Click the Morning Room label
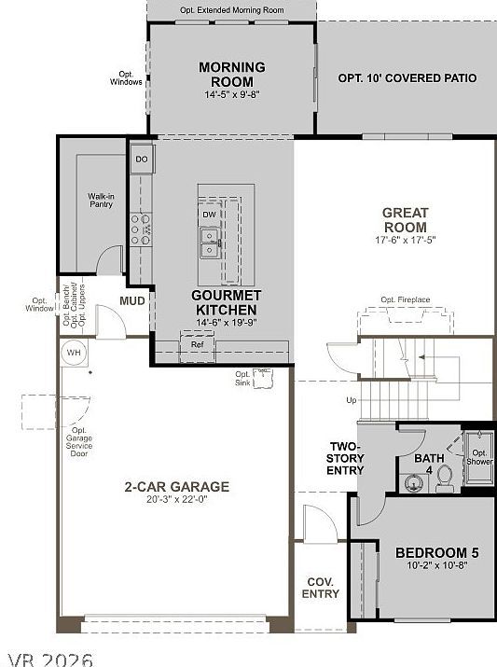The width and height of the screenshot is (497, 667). coord(231,74)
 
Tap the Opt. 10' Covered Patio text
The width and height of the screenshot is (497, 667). coord(407,79)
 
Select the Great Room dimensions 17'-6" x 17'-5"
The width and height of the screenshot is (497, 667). coord(405,241)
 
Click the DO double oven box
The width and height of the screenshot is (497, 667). coord(142,160)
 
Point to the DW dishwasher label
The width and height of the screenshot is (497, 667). coord(209,215)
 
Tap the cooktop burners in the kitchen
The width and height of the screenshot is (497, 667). coord(141,229)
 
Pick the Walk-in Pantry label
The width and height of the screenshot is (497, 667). coord(101,200)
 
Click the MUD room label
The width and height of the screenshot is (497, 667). coord(131,301)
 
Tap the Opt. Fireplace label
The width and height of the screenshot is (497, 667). coord(406,300)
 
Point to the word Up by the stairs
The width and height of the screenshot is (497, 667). coord(351,400)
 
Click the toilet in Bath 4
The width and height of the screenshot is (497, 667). coord(445,477)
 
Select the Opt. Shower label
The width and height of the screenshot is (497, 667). coord(479,458)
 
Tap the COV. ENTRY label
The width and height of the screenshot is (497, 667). coord(321,588)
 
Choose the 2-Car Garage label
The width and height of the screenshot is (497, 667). coord(177,487)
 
